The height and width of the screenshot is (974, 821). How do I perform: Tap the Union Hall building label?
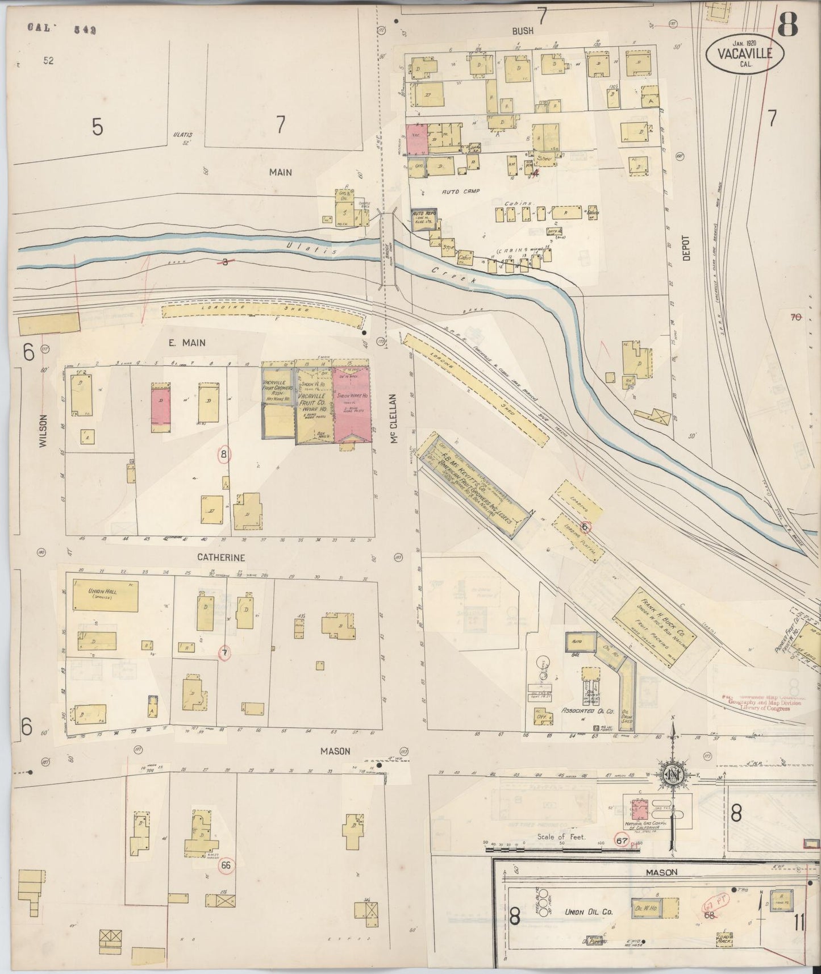click(x=103, y=594)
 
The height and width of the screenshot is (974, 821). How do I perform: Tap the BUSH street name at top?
click(x=522, y=31)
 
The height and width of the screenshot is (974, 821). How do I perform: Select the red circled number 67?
click(x=622, y=839)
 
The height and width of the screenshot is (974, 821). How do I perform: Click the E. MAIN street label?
click(x=186, y=343)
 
